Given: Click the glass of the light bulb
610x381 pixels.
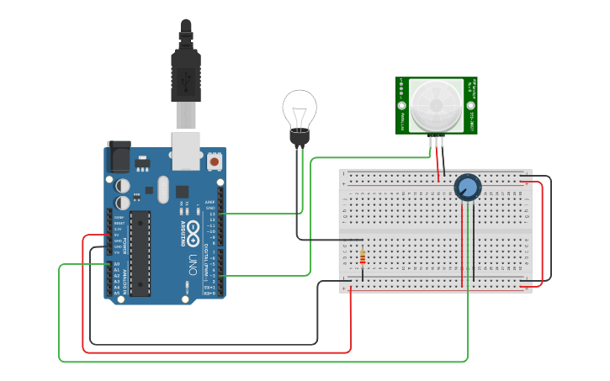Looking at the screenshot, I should [x=299, y=108].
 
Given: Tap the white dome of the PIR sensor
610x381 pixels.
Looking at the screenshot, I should [x=437, y=104].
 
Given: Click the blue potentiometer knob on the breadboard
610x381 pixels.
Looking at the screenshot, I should [x=466, y=188].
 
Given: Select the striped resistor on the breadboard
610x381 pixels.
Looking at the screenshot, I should [x=362, y=257].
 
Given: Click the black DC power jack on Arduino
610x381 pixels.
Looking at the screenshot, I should [x=119, y=156].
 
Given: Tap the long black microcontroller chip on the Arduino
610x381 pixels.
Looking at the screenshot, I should [x=140, y=251].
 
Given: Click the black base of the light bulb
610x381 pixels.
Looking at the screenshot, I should [x=299, y=136].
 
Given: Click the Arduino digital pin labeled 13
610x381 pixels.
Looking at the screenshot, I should [x=221, y=214].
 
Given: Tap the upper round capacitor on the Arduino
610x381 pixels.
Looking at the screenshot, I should [x=123, y=184].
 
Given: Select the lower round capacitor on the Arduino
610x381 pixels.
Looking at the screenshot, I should [x=123, y=202].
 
